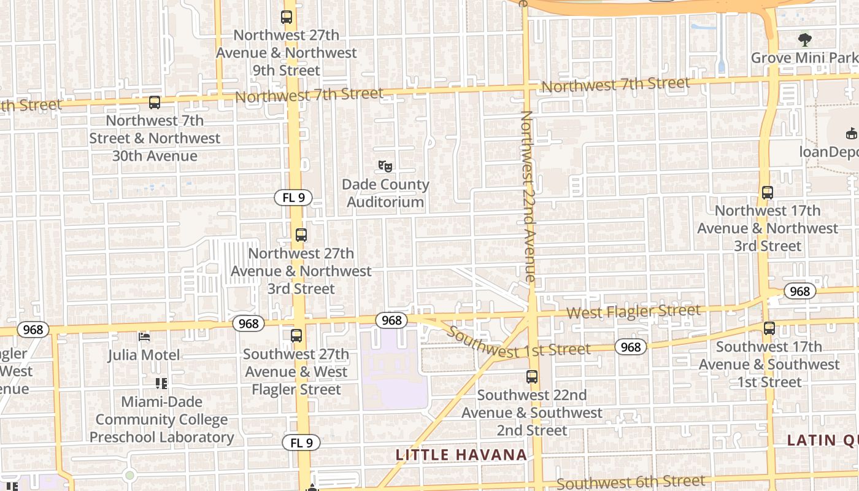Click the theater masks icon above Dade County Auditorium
[x=385, y=166]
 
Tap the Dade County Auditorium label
[x=385, y=193]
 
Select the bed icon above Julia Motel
[x=144, y=337]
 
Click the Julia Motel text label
[x=144, y=355]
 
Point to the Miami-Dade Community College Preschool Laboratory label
[x=161, y=420]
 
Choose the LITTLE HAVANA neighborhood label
[x=461, y=455]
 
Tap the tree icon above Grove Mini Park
[x=805, y=40]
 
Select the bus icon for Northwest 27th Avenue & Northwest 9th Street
[x=287, y=17]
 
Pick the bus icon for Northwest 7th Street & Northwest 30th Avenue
[x=155, y=102]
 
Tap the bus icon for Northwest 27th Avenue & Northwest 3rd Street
[x=301, y=235]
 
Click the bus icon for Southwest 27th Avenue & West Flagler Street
[x=296, y=336]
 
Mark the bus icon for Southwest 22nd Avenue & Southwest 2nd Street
[x=532, y=377]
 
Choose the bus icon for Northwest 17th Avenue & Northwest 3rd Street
[x=767, y=193]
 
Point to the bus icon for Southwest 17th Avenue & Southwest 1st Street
[x=769, y=328]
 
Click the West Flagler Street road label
[x=633, y=312]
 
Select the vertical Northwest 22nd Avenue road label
[x=528, y=196]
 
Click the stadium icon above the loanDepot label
[x=851, y=133]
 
